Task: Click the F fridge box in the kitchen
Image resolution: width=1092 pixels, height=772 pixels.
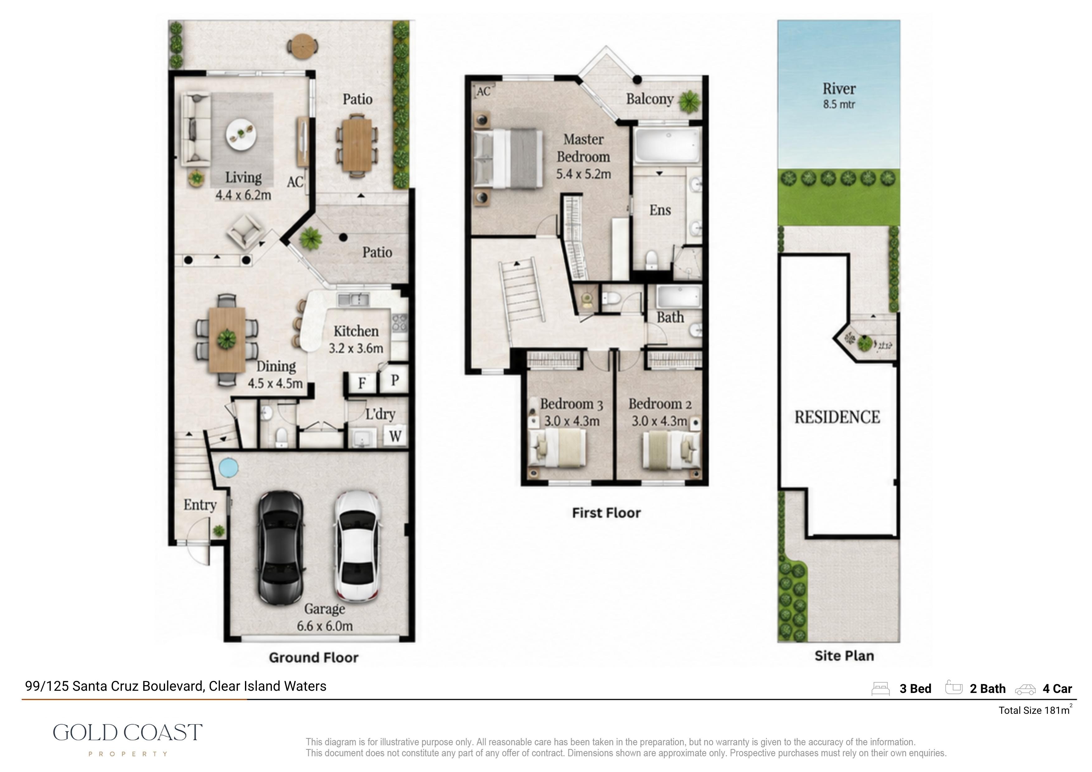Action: pyautogui.click(x=361, y=382)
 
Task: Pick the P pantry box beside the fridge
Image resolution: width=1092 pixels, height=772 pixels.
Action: pyautogui.click(x=394, y=380)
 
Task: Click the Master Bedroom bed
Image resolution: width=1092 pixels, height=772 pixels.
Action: pyautogui.click(x=508, y=158)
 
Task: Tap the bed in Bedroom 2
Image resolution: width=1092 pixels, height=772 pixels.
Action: pyautogui.click(x=670, y=450)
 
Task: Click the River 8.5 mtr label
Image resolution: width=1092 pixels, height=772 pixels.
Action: pyautogui.click(x=839, y=96)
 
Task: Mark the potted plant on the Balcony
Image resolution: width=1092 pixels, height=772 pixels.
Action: pyautogui.click(x=689, y=101)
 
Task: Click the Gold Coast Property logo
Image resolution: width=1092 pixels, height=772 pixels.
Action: pyautogui.click(x=127, y=739)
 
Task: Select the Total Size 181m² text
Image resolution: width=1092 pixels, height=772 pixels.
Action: pyautogui.click(x=1035, y=710)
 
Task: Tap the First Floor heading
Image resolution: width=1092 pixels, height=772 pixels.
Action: pyautogui.click(x=606, y=513)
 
